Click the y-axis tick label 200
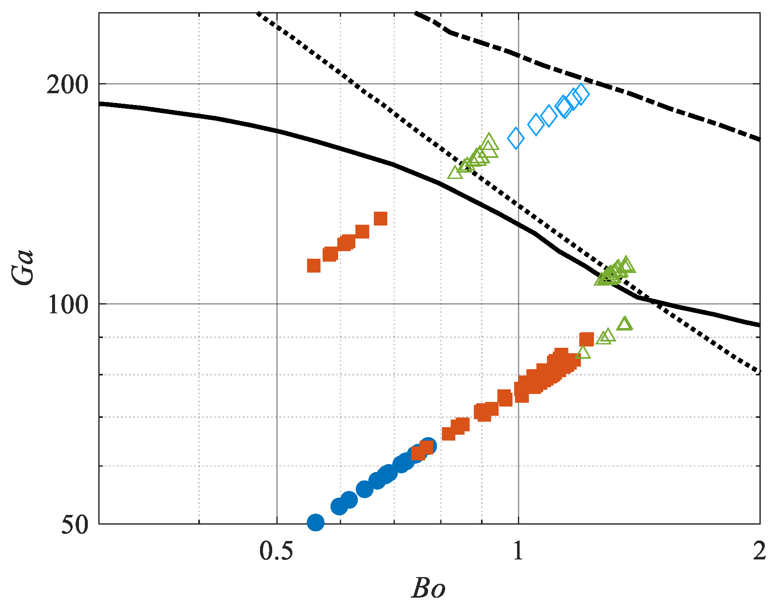pyautogui.click(x=67, y=85)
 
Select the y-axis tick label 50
pyautogui.click(x=75, y=525)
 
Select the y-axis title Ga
pyautogui.click(x=23, y=267)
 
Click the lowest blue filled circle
pyautogui.click(x=315, y=522)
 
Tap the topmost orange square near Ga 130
pyautogui.click(x=380, y=218)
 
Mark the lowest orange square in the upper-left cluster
pyautogui.click(x=314, y=266)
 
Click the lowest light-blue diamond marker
pyautogui.click(x=516, y=139)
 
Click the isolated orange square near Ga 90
pyautogui.click(x=586, y=339)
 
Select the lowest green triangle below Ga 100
pyautogui.click(x=583, y=353)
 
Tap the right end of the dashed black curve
pyautogui.click(x=759, y=139)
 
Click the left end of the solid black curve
pyautogui.click(x=100, y=103)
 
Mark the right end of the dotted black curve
pyautogui.click(x=759, y=372)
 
